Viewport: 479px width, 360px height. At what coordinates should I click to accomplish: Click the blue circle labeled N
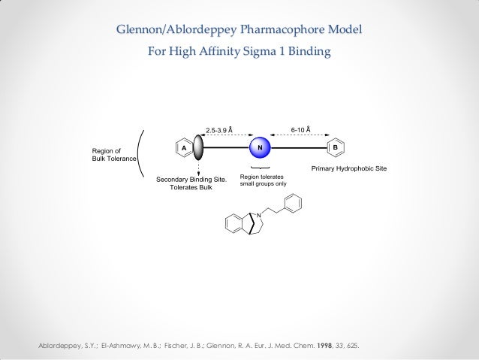(260, 147)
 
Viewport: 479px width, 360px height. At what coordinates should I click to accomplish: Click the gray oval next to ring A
(198, 147)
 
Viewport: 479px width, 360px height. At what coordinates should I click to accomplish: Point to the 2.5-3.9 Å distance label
(219, 129)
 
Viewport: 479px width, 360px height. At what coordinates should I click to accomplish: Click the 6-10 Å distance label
(300, 129)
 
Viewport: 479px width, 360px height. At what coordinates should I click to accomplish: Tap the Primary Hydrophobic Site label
(349, 168)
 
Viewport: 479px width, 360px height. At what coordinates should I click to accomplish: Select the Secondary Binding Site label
(191, 180)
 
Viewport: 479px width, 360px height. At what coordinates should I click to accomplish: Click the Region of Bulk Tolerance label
(113, 154)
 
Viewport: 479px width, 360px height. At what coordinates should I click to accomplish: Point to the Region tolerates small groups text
(263, 179)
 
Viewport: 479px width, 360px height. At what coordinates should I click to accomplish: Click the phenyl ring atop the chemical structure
(294, 203)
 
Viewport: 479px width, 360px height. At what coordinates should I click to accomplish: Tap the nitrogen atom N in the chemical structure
(259, 216)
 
